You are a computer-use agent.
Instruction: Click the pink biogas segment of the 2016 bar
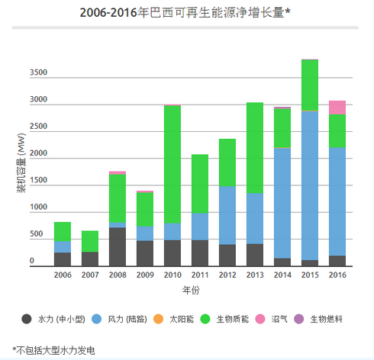pyautogui.click(x=337, y=107)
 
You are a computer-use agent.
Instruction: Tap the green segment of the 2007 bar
pyautogui.click(x=90, y=241)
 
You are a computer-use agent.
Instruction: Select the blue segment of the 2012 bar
pyautogui.click(x=227, y=214)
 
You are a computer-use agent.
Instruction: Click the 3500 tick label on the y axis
pyautogui.click(x=38, y=73)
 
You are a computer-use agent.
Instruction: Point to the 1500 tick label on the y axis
pyautogui.click(x=38, y=181)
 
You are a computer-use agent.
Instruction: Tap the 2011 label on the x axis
pyautogui.click(x=200, y=275)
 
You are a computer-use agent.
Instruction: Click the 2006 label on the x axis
pyautogui.click(x=63, y=275)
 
